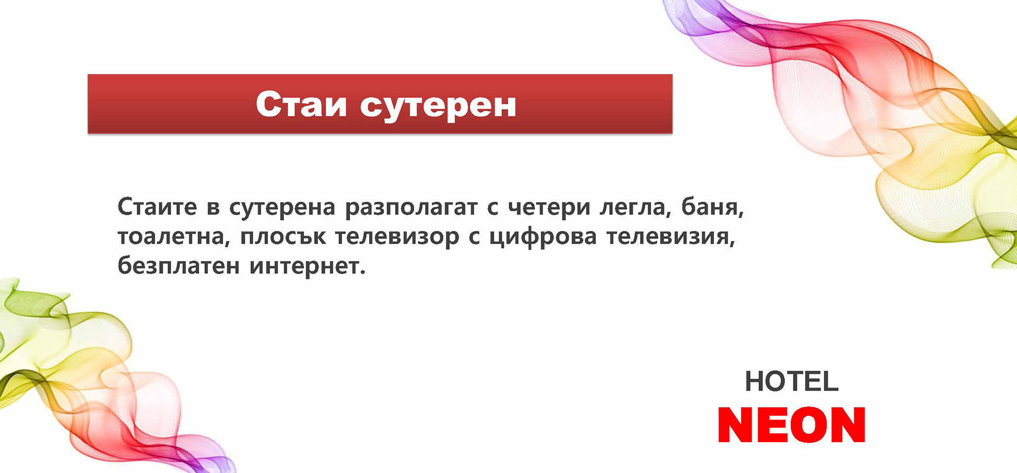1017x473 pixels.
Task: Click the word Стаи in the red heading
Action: coord(301,104)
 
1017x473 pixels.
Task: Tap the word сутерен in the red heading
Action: coord(438,106)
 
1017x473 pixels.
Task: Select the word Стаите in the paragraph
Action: coord(157,207)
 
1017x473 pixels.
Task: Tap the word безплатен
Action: coord(179,265)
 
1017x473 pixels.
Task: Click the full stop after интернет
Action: coord(362,272)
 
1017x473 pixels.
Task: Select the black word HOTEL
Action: coord(791,381)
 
